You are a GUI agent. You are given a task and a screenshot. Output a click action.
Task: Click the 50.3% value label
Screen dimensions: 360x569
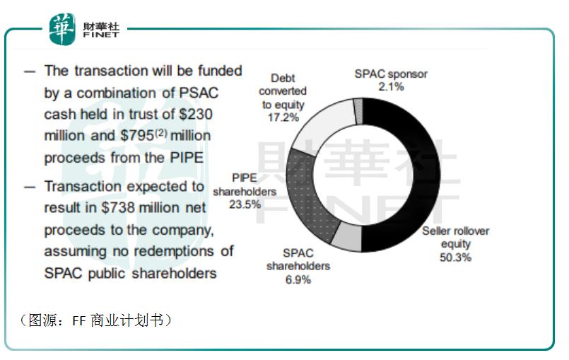pyautogui.click(x=455, y=257)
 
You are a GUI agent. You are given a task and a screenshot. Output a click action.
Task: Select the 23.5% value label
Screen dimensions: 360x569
pyautogui.click(x=247, y=204)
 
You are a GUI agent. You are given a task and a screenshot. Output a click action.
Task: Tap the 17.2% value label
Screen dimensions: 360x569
pyautogui.click(x=282, y=117)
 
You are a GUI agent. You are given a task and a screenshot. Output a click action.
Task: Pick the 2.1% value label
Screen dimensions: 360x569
pyautogui.click(x=390, y=87)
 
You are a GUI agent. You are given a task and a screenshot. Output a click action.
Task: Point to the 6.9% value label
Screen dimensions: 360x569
pyautogui.click(x=298, y=279)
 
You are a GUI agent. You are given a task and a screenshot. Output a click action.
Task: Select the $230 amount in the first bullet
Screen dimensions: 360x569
pyautogui.click(x=196, y=114)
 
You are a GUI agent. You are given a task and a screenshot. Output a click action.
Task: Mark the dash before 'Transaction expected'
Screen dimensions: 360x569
pyautogui.click(x=29, y=187)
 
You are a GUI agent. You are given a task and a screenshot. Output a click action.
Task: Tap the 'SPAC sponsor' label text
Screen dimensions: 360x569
pyautogui.click(x=391, y=74)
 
